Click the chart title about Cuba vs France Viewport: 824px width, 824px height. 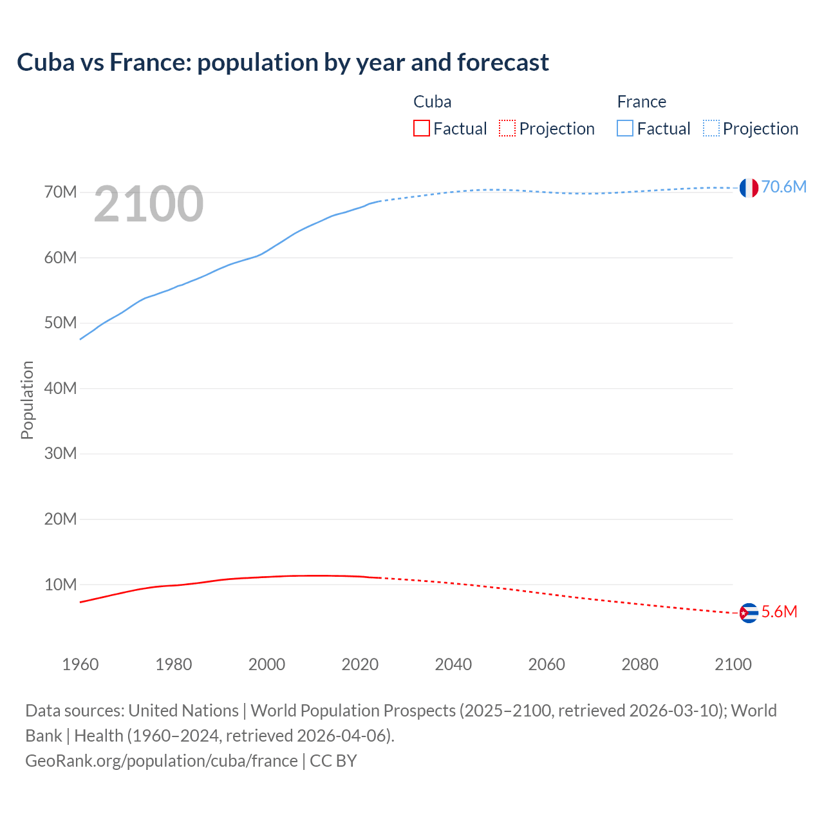283,62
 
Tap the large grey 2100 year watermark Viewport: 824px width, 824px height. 149,204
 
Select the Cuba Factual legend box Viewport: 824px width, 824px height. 421,128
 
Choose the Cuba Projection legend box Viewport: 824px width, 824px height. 507,128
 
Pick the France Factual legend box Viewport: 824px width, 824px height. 624,128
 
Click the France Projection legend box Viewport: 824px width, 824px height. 711,128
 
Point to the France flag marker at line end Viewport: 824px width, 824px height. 748,188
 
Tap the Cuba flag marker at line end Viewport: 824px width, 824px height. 748,613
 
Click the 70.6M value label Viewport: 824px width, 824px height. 783,187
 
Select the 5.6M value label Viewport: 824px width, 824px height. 779,612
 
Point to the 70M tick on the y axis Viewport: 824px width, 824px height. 61,192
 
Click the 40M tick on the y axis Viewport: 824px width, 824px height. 61,388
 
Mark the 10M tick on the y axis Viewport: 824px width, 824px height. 61,585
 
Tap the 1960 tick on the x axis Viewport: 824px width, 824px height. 80,664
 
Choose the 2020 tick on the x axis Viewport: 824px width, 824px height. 360,664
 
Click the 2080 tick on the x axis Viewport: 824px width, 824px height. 640,664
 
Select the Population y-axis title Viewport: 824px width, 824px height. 27,400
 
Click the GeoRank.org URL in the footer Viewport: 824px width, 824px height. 161,761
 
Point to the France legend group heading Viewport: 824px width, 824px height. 641,102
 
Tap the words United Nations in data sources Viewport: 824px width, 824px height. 183,711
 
